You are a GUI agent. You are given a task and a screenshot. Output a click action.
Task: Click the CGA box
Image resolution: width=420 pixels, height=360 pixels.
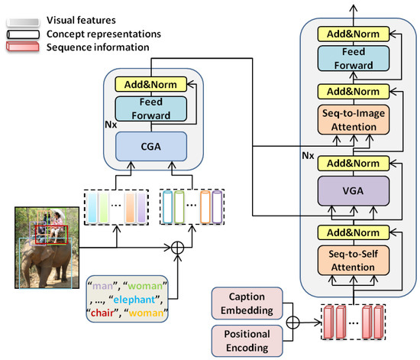coord(151,146)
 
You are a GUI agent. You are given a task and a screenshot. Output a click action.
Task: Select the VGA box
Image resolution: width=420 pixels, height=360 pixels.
coord(354,191)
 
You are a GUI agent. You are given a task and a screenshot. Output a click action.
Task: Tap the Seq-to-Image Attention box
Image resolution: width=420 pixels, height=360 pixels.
coord(354,120)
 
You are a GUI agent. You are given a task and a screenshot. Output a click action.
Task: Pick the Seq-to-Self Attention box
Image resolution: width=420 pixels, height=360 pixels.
coord(354,261)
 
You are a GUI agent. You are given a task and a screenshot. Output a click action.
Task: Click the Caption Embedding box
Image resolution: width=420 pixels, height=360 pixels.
coord(247,303)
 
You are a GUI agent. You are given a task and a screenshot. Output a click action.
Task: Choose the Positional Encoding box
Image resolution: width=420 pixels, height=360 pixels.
coord(247,341)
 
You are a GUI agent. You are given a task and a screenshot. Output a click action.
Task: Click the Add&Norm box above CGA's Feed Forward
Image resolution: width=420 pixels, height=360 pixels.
coord(150,84)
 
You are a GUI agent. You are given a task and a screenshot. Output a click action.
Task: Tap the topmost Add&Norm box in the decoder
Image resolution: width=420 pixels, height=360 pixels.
coord(354,34)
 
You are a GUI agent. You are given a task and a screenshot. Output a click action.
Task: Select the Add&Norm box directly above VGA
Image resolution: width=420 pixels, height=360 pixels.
coord(354,164)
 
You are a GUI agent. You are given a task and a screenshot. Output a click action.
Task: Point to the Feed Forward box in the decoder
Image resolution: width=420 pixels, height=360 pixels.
coord(354,58)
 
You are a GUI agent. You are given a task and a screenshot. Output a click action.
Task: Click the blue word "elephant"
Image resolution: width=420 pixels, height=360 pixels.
coord(134,300)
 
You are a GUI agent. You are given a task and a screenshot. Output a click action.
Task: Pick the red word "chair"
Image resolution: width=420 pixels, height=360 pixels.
coord(102,313)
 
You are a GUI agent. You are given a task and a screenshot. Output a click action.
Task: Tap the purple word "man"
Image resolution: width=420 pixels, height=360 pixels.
coord(102,286)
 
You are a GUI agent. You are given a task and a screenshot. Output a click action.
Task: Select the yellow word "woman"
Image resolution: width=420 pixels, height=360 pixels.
coord(146,313)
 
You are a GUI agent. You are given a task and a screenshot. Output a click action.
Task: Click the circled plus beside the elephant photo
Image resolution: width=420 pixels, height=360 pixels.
coord(177,248)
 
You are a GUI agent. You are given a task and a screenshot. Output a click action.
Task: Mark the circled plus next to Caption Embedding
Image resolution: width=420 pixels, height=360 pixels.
coord(292,323)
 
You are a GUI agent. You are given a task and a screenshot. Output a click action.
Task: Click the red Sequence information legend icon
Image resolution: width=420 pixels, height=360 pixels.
coord(23,47)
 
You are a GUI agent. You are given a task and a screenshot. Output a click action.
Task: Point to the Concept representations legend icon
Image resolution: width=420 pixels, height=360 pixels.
coord(23,34)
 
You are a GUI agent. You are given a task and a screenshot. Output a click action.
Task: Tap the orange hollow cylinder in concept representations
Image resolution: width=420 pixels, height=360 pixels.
coord(205,206)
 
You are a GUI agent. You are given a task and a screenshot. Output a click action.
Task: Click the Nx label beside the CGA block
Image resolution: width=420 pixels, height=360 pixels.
coord(111,125)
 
